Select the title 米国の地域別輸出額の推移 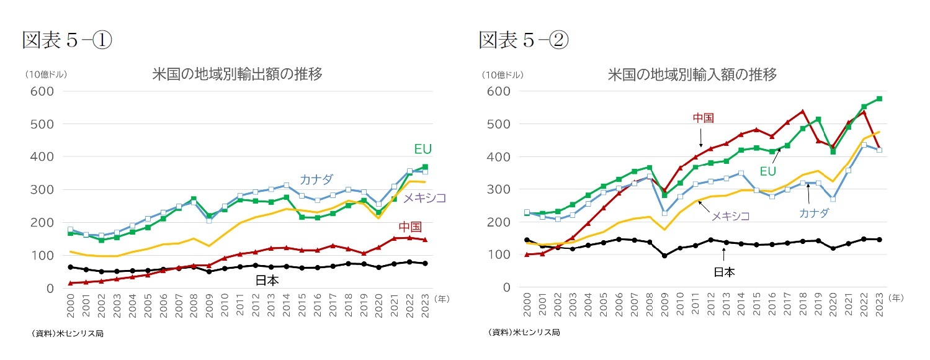[x=237, y=74]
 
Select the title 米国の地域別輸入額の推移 [x=692, y=74]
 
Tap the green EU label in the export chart [x=423, y=149]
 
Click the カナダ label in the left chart [x=316, y=179]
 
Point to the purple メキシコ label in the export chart [x=424, y=198]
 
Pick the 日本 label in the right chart [x=723, y=272]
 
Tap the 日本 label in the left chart [x=267, y=281]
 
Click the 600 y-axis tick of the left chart [x=42, y=91]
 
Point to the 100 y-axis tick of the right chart [x=498, y=254]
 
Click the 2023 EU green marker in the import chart [x=879, y=99]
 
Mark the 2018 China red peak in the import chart [x=802, y=112]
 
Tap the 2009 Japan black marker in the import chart [x=664, y=256]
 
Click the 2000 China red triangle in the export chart [x=70, y=283]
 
